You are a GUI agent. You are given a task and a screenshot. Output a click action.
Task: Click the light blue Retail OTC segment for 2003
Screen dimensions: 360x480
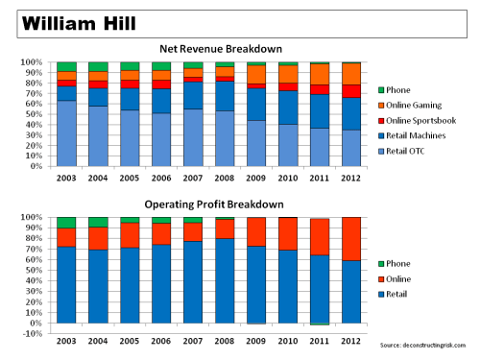point(67,133)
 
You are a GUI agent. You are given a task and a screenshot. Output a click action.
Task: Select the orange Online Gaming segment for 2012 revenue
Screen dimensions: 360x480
point(351,73)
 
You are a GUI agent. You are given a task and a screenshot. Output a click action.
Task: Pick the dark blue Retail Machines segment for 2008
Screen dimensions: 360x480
point(225,96)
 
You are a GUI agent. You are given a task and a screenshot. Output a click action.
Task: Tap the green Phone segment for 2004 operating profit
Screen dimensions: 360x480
point(99,222)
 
